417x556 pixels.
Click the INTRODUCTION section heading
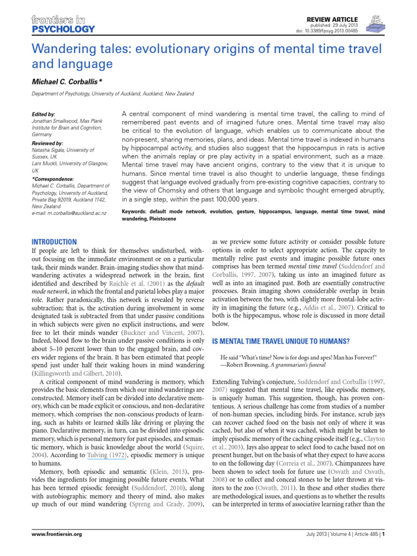(x=54, y=242)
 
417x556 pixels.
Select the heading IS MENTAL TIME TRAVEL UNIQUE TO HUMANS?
(x=280, y=342)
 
